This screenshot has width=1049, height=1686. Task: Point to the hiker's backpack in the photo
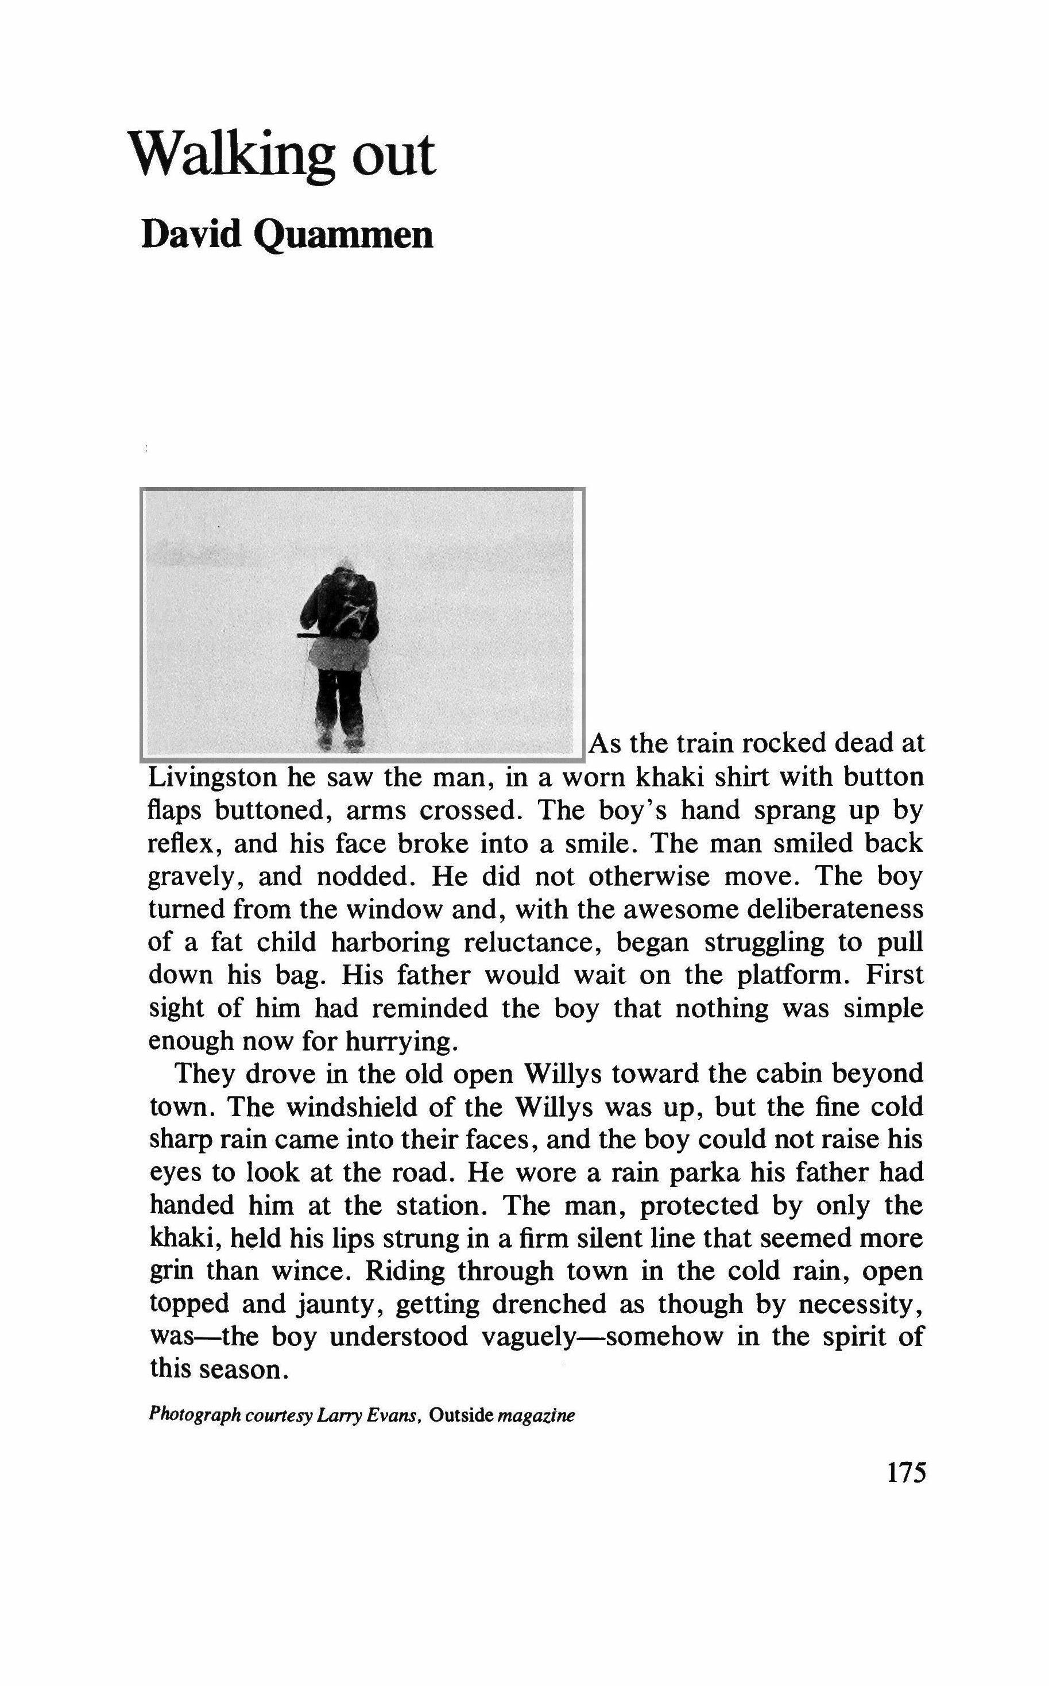pyautogui.click(x=353, y=611)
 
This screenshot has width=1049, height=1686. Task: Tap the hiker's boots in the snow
pyautogui.click(x=339, y=737)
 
